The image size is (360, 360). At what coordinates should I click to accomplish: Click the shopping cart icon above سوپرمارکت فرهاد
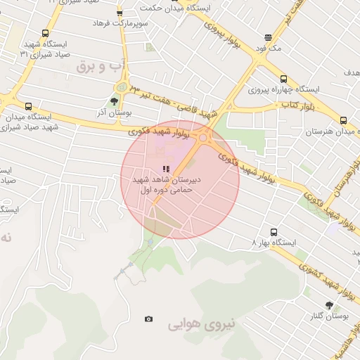[x=119, y=13]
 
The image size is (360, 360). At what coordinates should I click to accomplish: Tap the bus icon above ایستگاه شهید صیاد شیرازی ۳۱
[x=46, y=33]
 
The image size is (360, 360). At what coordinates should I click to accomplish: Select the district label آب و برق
[x=102, y=66]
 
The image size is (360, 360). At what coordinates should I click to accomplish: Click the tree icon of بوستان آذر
[x=115, y=101]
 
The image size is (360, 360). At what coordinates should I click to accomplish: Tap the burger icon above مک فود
[x=268, y=38]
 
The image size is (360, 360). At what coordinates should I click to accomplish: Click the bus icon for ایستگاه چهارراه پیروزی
[x=283, y=79]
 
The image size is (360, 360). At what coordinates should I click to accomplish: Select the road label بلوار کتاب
[x=296, y=106]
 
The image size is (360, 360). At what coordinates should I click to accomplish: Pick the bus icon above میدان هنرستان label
[x=343, y=120]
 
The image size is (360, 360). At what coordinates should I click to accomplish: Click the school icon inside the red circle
[x=166, y=169]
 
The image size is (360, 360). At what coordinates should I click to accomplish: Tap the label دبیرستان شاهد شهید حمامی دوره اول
[x=167, y=185]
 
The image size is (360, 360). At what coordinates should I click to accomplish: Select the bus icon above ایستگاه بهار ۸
[x=274, y=233]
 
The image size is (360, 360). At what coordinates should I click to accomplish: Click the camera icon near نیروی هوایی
[x=148, y=319]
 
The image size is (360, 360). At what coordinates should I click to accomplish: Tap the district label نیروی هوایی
[x=194, y=326]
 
